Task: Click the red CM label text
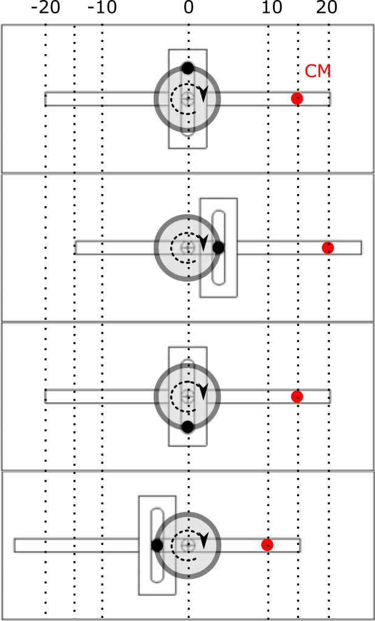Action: pyautogui.click(x=318, y=72)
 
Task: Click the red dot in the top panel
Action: pyautogui.click(x=297, y=99)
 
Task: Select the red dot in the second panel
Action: pyautogui.click(x=328, y=248)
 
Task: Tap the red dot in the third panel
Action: pyautogui.click(x=297, y=397)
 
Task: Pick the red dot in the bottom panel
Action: pyautogui.click(x=267, y=545)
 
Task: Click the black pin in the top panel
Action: pyautogui.click(x=188, y=68)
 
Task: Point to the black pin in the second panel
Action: pyautogui.click(x=218, y=248)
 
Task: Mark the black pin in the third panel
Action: pyautogui.click(x=188, y=427)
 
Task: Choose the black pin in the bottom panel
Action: pyautogui.click(x=157, y=546)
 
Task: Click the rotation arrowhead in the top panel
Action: pyautogui.click(x=204, y=94)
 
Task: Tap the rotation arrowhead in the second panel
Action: pyautogui.click(x=204, y=243)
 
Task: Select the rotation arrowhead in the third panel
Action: pyautogui.click(x=204, y=392)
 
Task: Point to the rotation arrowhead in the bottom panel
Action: pyautogui.click(x=204, y=540)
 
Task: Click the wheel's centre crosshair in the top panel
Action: pyautogui.click(x=188, y=99)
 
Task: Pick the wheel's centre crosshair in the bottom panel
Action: pyautogui.click(x=188, y=545)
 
